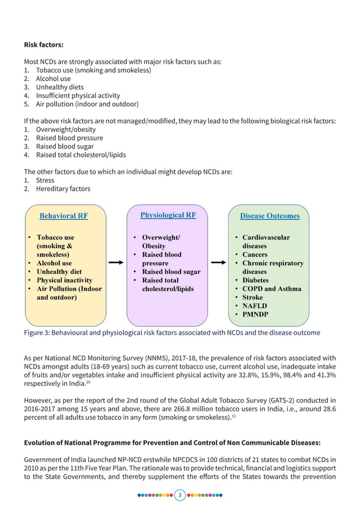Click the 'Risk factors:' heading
point(43,45)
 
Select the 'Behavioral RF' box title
point(63,216)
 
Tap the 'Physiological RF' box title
point(168,215)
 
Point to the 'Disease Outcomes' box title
point(270,216)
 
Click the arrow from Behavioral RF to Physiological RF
point(116,262)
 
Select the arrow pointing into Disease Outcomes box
point(218,262)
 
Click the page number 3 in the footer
point(180,495)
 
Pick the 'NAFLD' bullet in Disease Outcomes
point(254,306)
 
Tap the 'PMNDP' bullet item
point(255,314)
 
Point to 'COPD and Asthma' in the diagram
point(271,289)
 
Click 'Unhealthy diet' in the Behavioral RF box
point(59,271)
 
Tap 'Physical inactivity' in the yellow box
point(64,280)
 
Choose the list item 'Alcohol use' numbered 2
point(53,79)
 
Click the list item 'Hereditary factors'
point(63,189)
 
